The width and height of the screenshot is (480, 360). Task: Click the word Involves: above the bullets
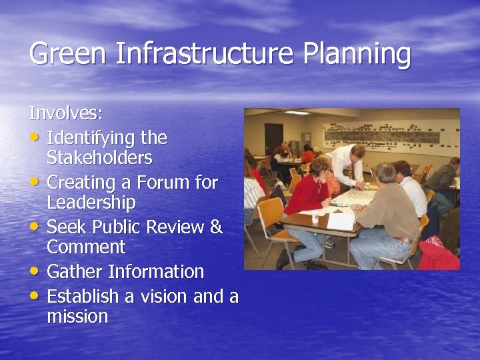click(x=65, y=113)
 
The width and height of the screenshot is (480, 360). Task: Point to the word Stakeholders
click(x=99, y=158)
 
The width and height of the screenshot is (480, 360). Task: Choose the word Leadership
click(x=91, y=202)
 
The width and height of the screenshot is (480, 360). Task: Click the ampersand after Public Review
click(x=215, y=227)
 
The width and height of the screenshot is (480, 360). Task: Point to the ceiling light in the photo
click(x=297, y=113)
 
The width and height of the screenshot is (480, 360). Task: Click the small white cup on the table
click(x=315, y=218)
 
